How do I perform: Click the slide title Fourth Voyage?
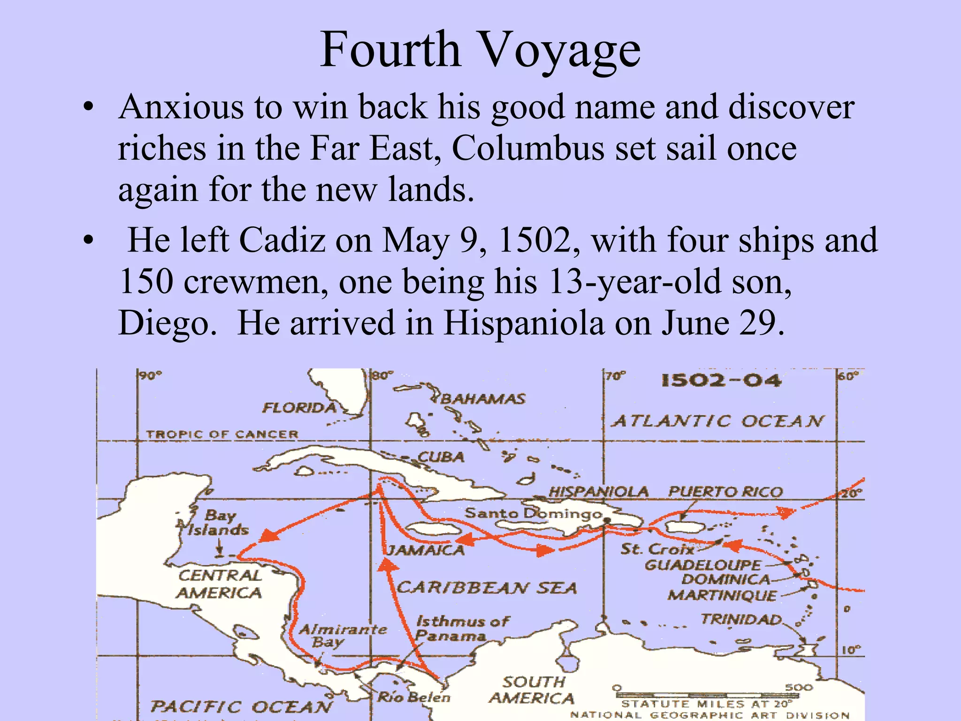pos(480,50)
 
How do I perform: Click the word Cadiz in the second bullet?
pos(282,240)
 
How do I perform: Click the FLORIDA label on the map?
pos(299,407)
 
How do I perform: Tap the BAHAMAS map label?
pos(483,399)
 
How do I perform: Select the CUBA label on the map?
pos(441,457)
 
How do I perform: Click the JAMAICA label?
pos(425,550)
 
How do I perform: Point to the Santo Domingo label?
pos(533,513)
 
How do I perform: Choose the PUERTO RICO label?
pos(725,491)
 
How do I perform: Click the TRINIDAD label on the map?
pos(741,620)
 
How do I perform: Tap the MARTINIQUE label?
pos(722,595)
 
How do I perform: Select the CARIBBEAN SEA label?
pos(487,588)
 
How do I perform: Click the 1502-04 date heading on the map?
pos(721,380)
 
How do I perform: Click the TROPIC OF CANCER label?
pos(222,434)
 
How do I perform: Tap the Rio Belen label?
pos(413,697)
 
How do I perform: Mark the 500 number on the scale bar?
pos(798,687)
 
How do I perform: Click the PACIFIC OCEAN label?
pos(241,706)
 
